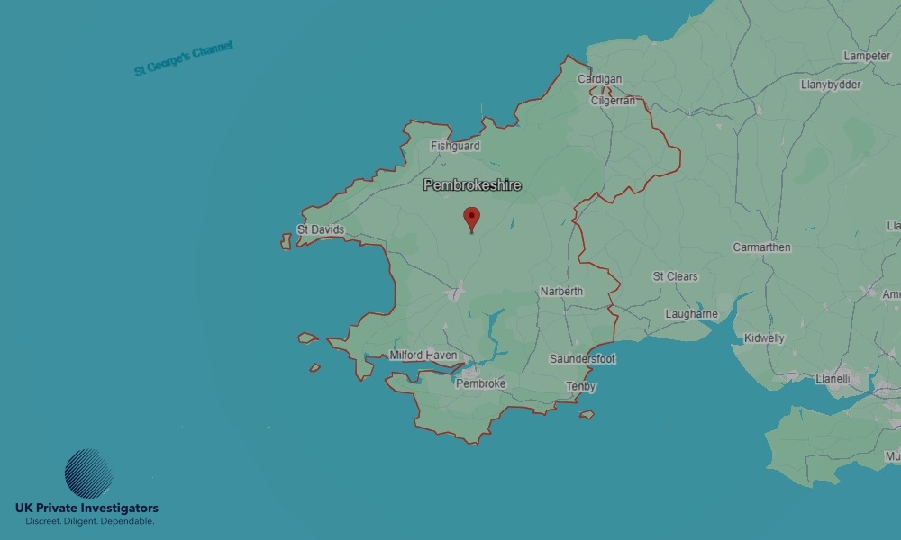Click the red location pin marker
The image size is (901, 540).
(471, 219)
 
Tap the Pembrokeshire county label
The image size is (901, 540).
(472, 185)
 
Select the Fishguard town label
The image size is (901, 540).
(455, 146)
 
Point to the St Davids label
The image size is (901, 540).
(321, 230)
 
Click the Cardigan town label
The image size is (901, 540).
(600, 79)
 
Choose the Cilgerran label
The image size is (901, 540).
(614, 101)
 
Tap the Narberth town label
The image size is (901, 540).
(561, 292)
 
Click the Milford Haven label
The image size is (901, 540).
(423, 355)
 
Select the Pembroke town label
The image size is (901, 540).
(480, 383)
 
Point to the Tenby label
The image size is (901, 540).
(581, 387)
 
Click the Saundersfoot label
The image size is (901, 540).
(583, 359)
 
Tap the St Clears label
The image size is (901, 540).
(676, 276)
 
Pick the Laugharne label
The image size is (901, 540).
(692, 314)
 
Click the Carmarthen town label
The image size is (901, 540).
(761, 247)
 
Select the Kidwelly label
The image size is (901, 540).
(764, 338)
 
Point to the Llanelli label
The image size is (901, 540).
(832, 379)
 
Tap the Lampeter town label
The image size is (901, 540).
(867, 56)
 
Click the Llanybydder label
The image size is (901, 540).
(831, 85)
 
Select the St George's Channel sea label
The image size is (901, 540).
(184, 58)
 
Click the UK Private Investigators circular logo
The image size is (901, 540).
(89, 473)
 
